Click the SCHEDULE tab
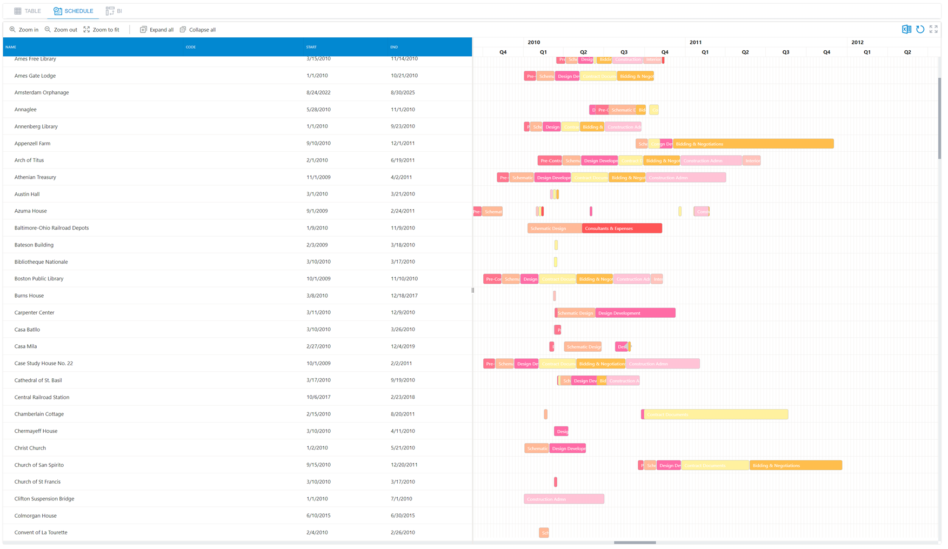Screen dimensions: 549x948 74,11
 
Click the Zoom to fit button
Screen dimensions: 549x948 101,30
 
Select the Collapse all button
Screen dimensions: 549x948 198,30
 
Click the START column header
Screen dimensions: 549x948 311,47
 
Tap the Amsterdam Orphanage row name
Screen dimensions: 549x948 42,92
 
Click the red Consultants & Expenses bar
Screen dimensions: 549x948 622,229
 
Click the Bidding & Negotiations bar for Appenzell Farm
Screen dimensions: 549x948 752,144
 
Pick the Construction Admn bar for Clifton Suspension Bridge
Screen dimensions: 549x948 564,499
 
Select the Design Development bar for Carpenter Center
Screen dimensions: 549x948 635,313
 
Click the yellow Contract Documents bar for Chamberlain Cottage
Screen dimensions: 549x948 716,415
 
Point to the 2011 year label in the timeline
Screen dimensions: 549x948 695,42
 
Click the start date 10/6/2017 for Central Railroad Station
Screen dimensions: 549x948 318,397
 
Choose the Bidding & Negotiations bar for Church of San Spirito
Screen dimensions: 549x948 795,466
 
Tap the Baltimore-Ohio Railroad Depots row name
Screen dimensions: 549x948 51,228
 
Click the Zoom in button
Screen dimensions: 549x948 24,30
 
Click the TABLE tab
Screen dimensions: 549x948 28,11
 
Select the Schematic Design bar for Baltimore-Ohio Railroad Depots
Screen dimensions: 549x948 554,229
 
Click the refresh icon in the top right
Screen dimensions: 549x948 920,29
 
